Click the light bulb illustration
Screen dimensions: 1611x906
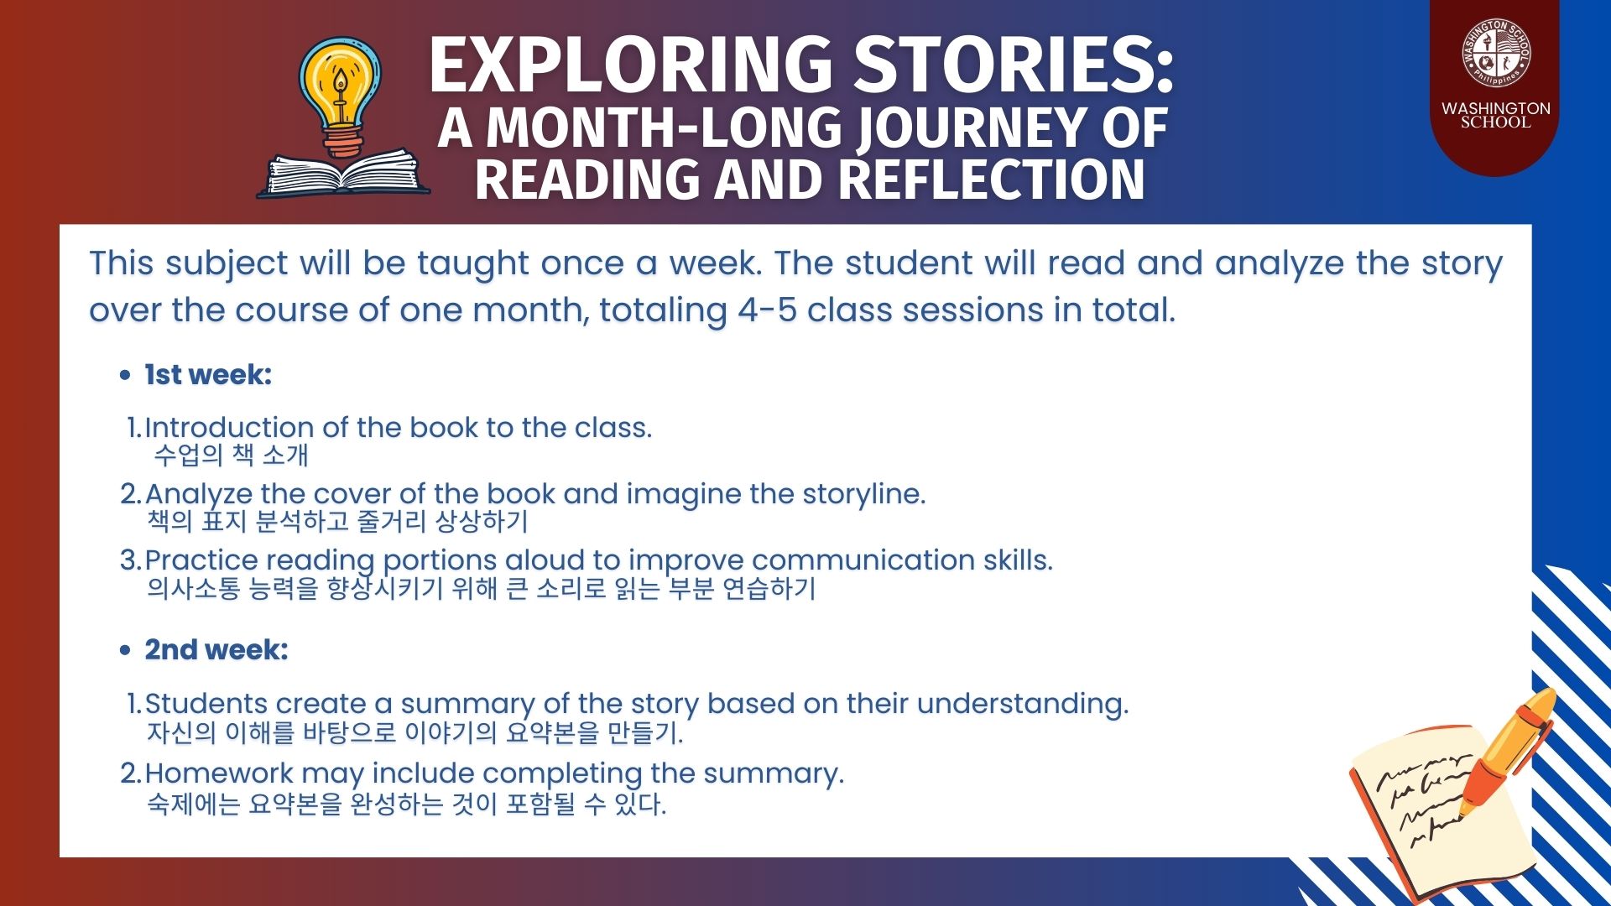[x=340, y=96]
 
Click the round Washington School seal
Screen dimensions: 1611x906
[x=1495, y=54]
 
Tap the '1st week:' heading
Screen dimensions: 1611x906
[x=208, y=375]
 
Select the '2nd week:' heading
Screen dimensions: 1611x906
[x=216, y=649]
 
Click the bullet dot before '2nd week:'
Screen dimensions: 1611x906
[x=125, y=650]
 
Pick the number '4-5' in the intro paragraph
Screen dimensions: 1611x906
[x=767, y=310]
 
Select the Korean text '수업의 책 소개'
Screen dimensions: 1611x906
[x=232, y=455]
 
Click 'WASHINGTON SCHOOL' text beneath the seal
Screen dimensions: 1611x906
[x=1495, y=115]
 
